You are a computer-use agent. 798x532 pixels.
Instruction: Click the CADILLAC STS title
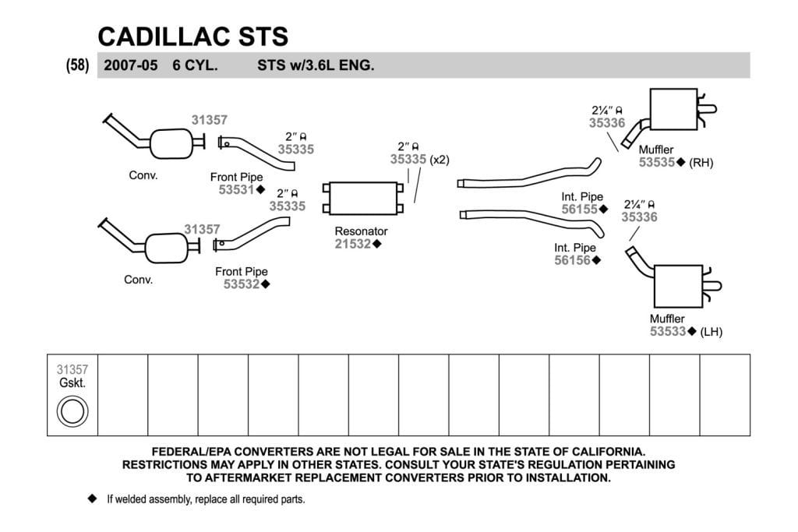click(x=193, y=37)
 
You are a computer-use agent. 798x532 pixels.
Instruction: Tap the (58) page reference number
click(x=77, y=65)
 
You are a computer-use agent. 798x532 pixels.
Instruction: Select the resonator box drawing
click(x=363, y=199)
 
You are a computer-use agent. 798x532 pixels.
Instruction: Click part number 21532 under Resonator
click(x=353, y=244)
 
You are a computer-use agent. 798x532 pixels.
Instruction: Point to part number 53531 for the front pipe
click(x=236, y=190)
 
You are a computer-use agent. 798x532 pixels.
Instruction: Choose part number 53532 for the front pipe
click(x=242, y=284)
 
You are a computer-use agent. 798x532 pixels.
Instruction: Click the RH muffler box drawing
click(x=673, y=109)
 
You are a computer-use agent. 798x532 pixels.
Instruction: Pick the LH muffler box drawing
click(x=678, y=286)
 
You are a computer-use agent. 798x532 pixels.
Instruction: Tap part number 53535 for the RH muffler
click(x=657, y=163)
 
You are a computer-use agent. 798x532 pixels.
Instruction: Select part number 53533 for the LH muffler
click(x=668, y=332)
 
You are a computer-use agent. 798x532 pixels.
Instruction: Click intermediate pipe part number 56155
click(x=580, y=210)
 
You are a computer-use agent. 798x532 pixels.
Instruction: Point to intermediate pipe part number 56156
click(x=573, y=260)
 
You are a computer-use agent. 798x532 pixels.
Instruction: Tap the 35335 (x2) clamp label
click(x=420, y=160)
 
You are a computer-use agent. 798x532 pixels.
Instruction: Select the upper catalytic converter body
click(x=171, y=144)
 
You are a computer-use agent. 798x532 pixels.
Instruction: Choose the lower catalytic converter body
click(x=167, y=248)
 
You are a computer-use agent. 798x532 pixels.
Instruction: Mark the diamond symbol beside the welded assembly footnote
click(x=92, y=499)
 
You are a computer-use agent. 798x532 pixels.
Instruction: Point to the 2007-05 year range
click(x=131, y=65)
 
